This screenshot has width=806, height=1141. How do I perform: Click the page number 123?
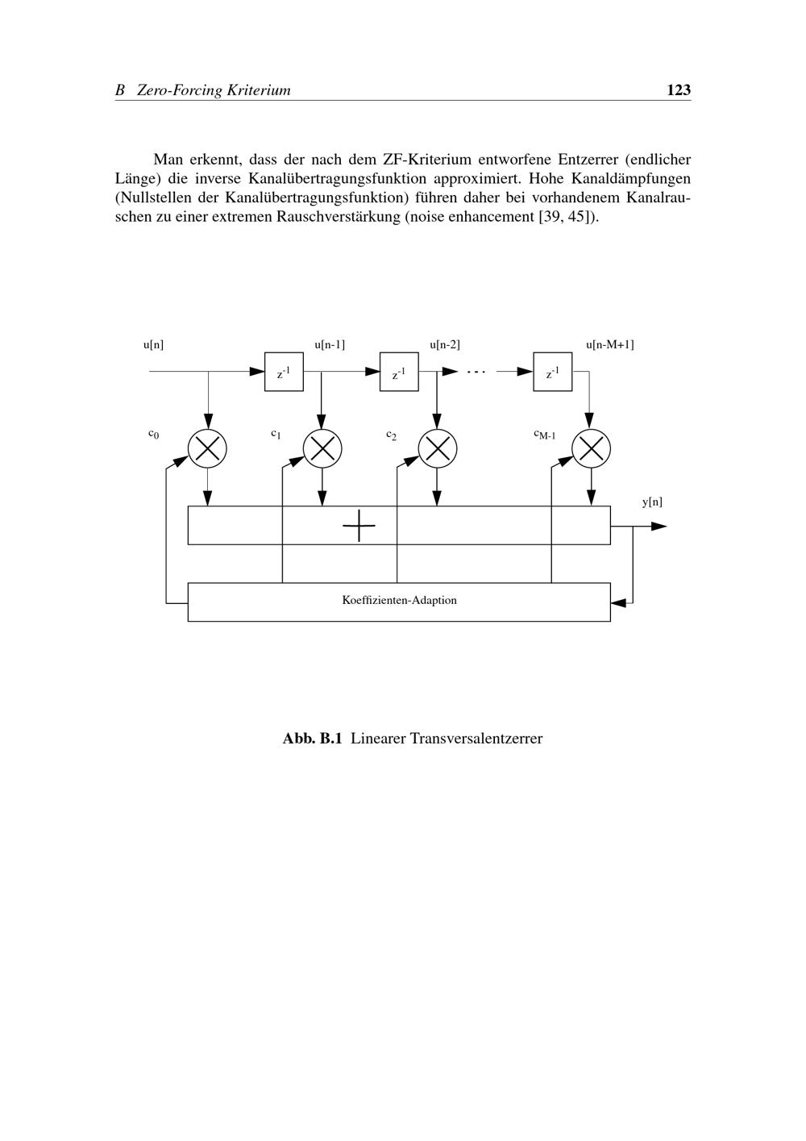679,90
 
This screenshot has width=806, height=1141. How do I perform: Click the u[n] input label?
154,345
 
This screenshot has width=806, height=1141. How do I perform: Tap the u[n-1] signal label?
330,345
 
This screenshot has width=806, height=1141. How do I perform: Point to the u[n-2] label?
445,345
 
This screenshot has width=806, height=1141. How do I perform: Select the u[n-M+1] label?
609,345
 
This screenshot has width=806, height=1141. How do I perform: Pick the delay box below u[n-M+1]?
553,372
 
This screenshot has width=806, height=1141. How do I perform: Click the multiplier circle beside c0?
207,448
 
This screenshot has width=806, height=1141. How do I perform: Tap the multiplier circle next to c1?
322,448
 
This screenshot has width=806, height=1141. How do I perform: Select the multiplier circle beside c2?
438,448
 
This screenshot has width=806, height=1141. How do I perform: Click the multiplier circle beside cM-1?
591,448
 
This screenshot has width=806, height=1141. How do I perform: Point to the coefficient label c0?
153,434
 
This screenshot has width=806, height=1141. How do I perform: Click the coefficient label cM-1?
545,435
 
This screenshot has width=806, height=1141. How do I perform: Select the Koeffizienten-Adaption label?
399,600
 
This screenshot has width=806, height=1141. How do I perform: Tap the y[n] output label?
652,502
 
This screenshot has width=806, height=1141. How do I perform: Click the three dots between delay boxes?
476,372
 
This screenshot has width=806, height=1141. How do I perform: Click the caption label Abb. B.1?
313,739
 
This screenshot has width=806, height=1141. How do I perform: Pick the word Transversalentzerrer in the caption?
476,739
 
